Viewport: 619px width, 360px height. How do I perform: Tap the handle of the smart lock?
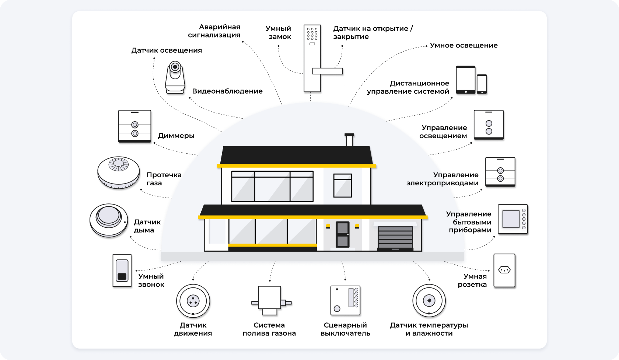pyautogui.click(x=328, y=71)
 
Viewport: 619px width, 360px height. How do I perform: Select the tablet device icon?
pyautogui.click(x=466, y=80)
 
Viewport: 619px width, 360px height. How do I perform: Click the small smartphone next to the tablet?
pyautogui.click(x=482, y=84)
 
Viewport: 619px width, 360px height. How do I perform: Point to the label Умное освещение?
pyautogui.click(x=464, y=45)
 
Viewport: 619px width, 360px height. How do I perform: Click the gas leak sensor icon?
pyautogui.click(x=119, y=172)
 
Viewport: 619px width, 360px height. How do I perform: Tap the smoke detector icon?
pyautogui.click(x=108, y=220)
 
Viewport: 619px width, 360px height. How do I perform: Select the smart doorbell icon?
pyautogui.click(x=122, y=270)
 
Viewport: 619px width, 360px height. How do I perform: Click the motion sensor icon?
pyautogui.click(x=193, y=301)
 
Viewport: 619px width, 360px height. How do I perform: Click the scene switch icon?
pyautogui.click(x=345, y=300)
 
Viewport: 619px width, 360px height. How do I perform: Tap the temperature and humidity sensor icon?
pyautogui.click(x=429, y=301)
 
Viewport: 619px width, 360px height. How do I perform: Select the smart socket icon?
pyautogui.click(x=504, y=270)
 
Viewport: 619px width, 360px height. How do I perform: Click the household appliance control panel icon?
pyautogui.click(x=513, y=219)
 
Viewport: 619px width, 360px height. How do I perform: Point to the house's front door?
pyautogui.click(x=342, y=234)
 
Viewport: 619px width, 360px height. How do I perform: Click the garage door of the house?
pyautogui.click(x=395, y=238)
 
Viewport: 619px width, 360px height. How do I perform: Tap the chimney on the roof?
pyautogui.click(x=349, y=140)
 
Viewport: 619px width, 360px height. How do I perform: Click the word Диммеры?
pyautogui.click(x=176, y=136)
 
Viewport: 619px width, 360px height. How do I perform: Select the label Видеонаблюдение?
pyautogui.click(x=227, y=91)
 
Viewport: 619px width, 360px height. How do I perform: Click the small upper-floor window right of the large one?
pyautogui.click(x=342, y=185)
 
